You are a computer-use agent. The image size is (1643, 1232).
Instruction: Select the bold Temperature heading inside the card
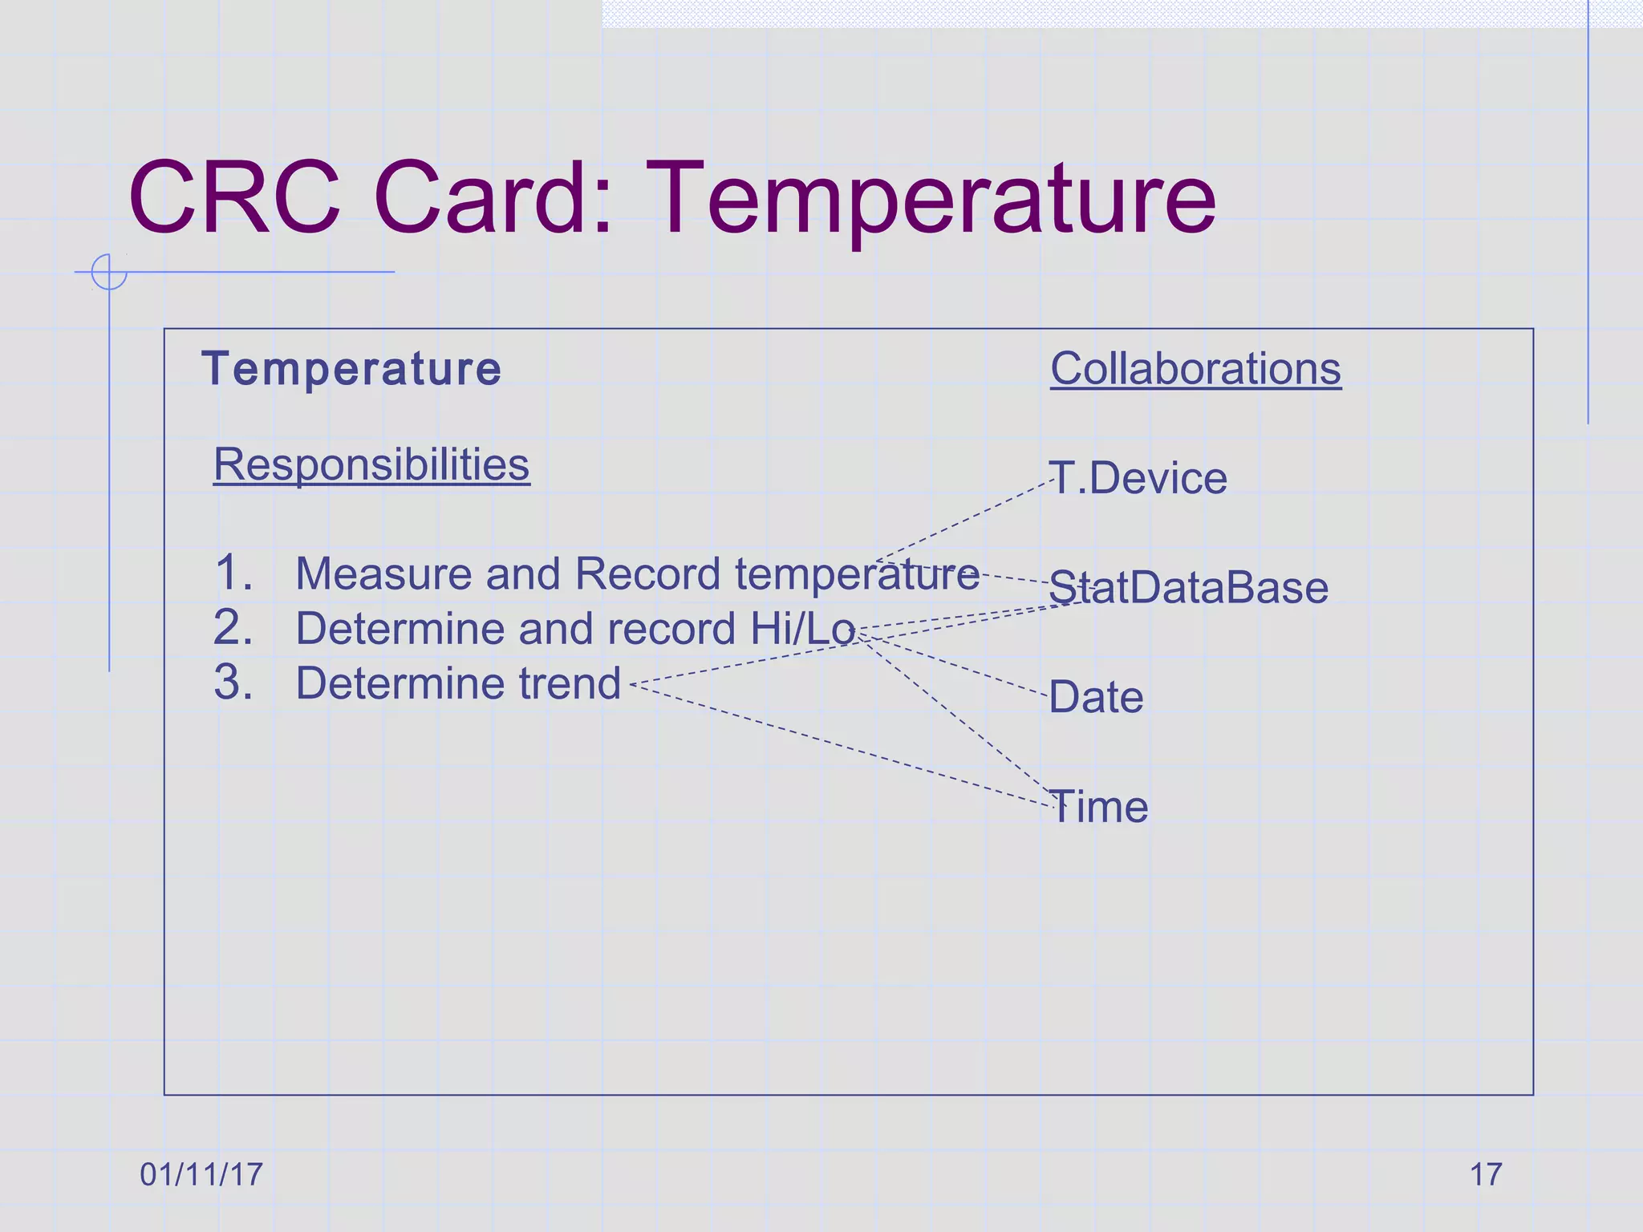pos(351,369)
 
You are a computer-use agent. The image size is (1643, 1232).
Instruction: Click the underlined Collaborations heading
pos(1195,369)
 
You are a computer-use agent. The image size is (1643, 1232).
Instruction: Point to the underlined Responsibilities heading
pos(371,464)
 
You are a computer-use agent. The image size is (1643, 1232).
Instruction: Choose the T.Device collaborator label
pos(1138,478)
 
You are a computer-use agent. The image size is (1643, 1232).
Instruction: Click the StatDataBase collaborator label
pos(1188,587)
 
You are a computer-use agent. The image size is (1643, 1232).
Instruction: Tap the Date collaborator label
pos(1096,697)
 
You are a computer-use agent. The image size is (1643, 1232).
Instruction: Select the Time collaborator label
pos(1098,806)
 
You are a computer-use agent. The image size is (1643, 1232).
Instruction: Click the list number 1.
pos(233,573)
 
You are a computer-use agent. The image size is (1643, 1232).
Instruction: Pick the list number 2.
pos(233,627)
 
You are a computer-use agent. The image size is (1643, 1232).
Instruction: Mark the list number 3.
pos(233,683)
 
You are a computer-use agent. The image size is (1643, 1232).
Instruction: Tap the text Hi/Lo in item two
pos(803,628)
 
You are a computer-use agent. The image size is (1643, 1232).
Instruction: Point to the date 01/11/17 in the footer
pos(201,1174)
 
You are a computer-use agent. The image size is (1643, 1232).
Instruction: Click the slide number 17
pos(1485,1174)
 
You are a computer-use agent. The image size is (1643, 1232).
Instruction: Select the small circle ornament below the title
pos(109,271)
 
